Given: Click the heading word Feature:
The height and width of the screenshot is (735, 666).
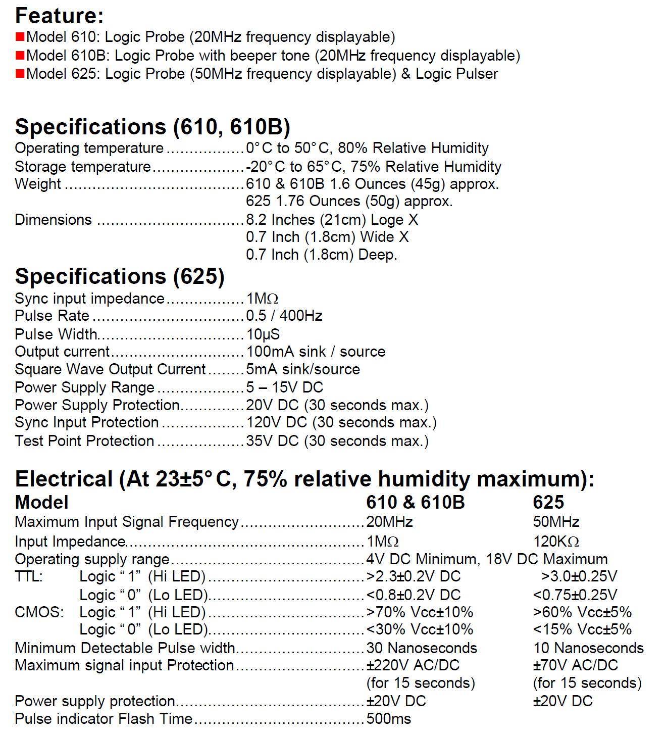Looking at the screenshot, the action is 59,16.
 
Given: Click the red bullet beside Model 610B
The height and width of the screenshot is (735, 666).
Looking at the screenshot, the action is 20,55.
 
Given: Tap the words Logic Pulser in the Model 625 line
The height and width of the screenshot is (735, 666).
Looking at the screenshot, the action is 456,74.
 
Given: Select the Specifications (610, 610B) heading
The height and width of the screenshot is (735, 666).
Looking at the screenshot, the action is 152,127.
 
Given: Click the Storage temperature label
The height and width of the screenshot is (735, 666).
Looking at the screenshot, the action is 83,167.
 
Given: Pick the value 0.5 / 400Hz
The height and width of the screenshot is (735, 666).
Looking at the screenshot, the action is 284,316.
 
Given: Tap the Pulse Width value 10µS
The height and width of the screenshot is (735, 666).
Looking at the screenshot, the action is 263,334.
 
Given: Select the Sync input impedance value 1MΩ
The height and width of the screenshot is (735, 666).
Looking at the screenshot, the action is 262,298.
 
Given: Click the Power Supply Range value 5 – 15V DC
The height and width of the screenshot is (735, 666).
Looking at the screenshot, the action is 284,387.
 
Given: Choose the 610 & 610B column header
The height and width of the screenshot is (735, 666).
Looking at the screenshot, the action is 415,502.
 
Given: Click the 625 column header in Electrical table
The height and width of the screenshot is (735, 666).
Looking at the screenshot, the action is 548,502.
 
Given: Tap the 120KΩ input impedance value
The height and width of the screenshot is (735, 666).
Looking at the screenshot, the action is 556,542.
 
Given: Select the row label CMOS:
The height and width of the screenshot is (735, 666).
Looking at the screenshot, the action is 39,612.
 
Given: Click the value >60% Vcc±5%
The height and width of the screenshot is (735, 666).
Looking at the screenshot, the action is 582,612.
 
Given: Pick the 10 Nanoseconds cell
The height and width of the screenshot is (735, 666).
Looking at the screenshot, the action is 588,648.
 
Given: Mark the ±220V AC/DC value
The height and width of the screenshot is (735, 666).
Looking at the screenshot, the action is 413,665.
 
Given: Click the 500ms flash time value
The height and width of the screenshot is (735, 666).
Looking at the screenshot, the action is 389,718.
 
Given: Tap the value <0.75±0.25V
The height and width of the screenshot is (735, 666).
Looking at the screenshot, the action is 575,595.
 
